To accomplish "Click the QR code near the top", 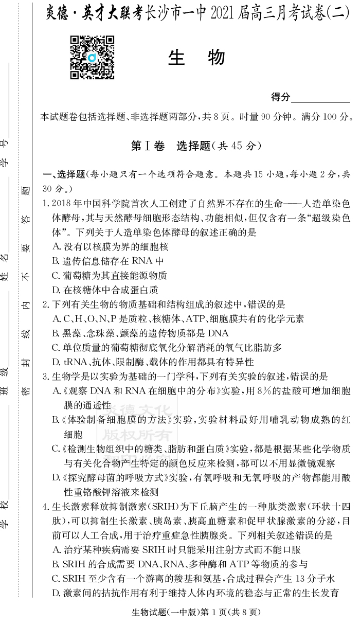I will [x=92, y=58].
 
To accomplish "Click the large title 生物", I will [x=196, y=59].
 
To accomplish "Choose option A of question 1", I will [x=110, y=247].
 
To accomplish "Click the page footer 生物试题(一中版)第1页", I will [x=195, y=613].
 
